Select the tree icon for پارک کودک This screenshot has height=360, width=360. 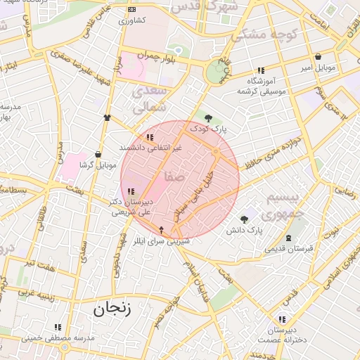tap(207, 117)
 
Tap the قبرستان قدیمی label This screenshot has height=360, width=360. tap(288, 248)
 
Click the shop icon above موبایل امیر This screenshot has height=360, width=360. tap(319, 57)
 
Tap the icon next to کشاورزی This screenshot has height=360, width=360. tap(132, 10)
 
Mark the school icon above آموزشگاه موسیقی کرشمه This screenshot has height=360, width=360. tap(261, 70)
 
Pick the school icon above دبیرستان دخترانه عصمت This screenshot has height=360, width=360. tap(282, 319)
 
